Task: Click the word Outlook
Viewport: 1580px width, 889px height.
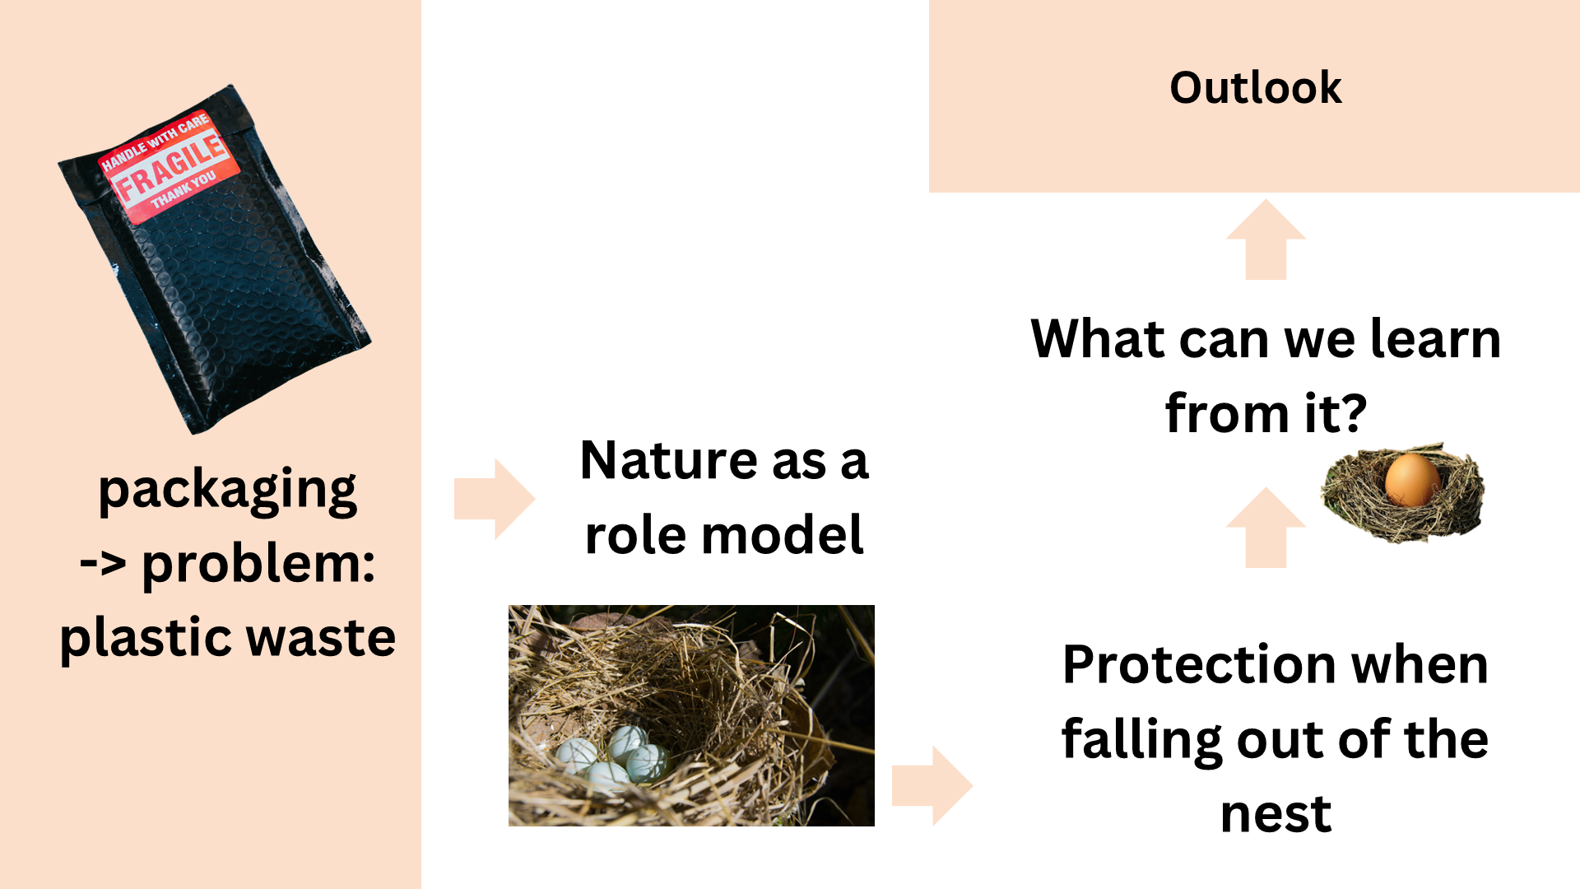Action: tap(1255, 88)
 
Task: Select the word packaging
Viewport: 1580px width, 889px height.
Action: tap(227, 491)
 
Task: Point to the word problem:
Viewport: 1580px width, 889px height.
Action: tap(258, 565)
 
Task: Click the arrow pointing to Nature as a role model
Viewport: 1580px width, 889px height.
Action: tap(495, 499)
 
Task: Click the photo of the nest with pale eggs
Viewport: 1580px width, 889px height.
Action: tap(691, 715)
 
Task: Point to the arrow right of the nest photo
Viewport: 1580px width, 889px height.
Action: tap(932, 785)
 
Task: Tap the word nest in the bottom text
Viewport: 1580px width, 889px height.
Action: tap(1276, 814)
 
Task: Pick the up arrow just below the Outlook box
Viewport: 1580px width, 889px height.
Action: tap(1266, 240)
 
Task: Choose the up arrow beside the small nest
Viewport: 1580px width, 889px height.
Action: tap(1266, 528)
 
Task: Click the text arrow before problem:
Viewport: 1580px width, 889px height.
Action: tap(103, 565)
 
